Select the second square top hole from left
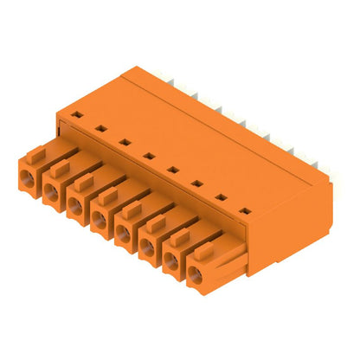[100, 128]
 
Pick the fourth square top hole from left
[149, 156]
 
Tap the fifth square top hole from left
[173, 170]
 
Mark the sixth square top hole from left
[197, 183]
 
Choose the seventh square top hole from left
[222, 197]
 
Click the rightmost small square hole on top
[246, 211]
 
